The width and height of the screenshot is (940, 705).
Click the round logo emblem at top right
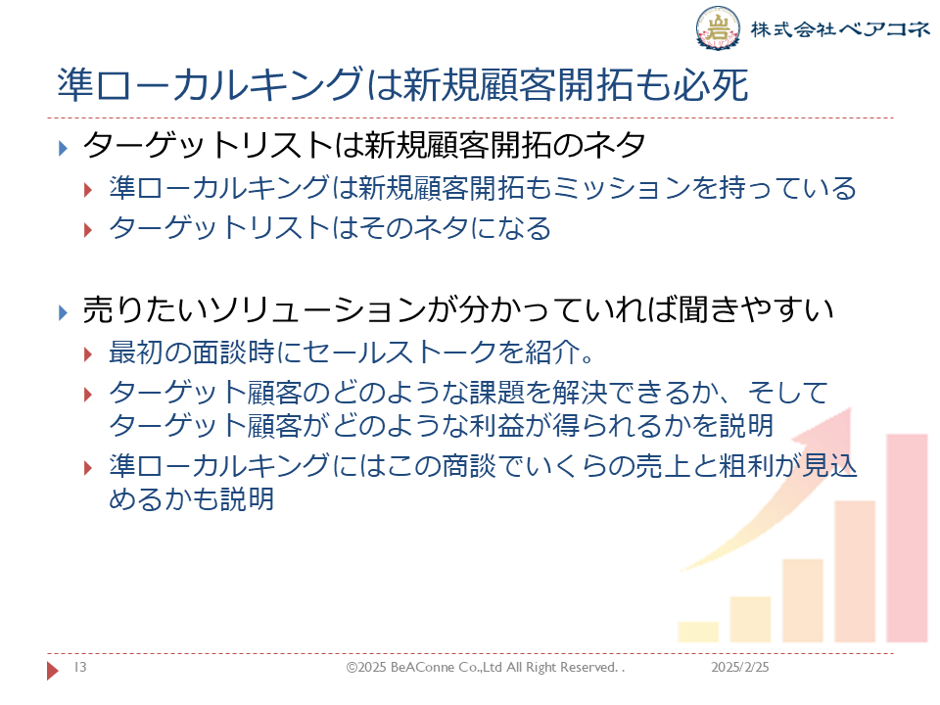(x=718, y=28)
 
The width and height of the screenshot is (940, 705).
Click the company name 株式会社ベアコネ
(x=840, y=28)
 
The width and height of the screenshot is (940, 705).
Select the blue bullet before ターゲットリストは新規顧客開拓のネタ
(x=63, y=148)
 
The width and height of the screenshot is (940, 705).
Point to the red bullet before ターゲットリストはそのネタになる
(x=88, y=229)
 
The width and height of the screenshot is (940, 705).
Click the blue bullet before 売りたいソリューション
(x=63, y=312)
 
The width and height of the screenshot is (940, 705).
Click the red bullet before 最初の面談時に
(x=88, y=354)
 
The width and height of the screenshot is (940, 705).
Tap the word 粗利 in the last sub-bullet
(x=746, y=466)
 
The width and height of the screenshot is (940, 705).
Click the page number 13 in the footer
(x=80, y=667)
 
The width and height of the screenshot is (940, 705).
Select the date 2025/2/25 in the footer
(x=740, y=667)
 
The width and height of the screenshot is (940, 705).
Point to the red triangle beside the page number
(x=53, y=670)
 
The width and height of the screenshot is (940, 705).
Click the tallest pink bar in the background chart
(x=907, y=538)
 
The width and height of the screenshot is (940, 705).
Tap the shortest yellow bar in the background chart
(x=698, y=632)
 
